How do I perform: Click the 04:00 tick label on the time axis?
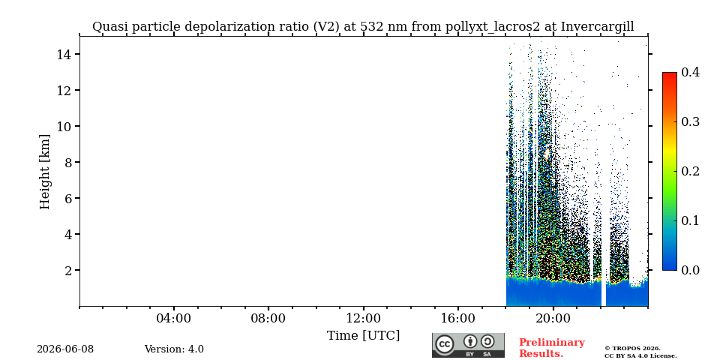tap(174, 318)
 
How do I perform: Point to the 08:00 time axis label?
tap(268, 318)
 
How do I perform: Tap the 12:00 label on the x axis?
tap(363, 318)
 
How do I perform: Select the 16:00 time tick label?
tap(457, 318)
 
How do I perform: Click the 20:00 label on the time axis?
tap(553, 318)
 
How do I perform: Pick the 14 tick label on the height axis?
tap(63, 54)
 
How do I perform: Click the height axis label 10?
tap(63, 126)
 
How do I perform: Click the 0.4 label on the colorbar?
tap(690, 72)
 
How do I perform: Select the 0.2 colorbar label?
tap(690, 171)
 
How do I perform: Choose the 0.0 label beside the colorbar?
tap(690, 270)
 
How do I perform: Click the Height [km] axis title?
tap(44, 172)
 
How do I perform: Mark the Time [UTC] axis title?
tap(363, 336)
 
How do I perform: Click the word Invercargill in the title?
tap(598, 27)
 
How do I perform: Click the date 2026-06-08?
tap(65, 349)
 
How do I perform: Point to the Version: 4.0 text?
tap(174, 349)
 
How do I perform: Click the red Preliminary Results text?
tap(552, 348)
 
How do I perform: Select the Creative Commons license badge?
tap(468, 345)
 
